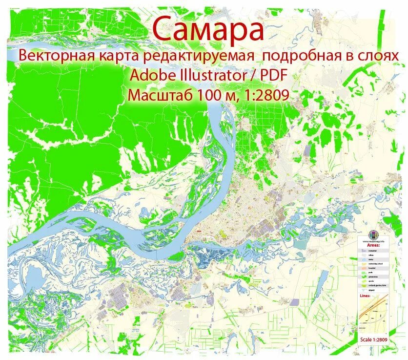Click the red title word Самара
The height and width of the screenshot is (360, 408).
(x=208, y=29)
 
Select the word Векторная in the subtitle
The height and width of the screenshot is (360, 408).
(x=50, y=56)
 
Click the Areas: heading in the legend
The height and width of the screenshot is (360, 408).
(x=374, y=245)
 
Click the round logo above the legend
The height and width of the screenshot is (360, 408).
(x=374, y=234)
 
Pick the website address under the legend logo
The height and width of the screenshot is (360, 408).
(x=374, y=241)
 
